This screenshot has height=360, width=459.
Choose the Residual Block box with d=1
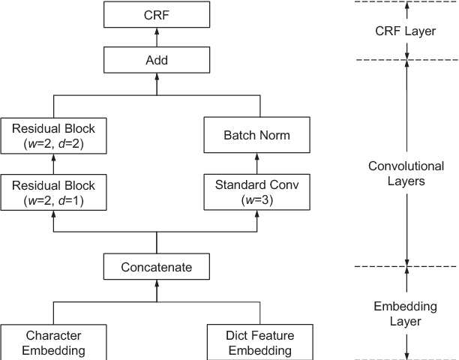53,191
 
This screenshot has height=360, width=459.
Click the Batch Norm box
258,135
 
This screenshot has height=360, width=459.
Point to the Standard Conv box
258,191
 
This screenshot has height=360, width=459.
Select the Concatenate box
156,267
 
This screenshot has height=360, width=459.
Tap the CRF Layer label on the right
406,31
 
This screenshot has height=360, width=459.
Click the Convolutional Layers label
406,173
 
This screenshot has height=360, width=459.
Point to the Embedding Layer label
406,313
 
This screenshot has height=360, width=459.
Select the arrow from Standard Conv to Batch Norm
258,163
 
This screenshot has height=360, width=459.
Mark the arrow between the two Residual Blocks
53,163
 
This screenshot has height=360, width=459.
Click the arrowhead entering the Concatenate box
156,283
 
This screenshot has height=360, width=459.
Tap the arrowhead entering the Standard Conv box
258,211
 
